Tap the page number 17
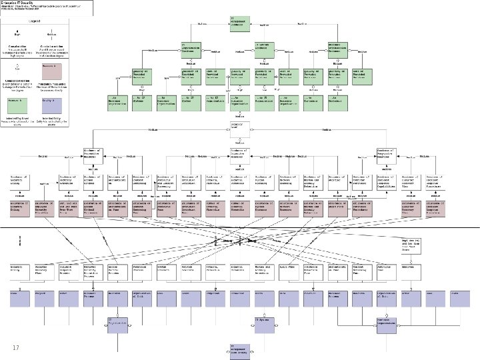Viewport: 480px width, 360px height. [x=16, y=347]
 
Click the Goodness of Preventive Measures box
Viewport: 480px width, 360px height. [x=93, y=156]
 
